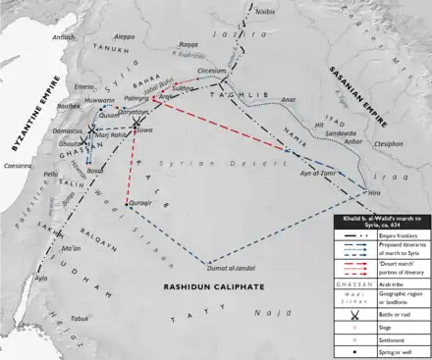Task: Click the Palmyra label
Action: (x=136, y=99)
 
